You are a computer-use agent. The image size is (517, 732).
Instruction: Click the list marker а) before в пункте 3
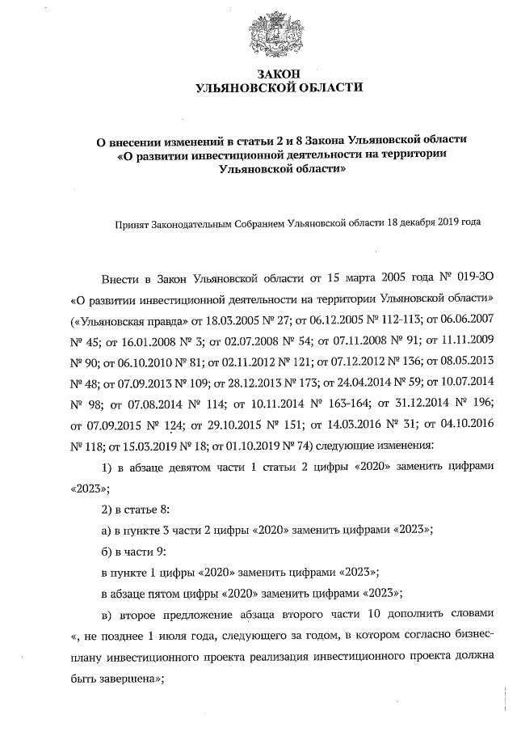click(x=106, y=529)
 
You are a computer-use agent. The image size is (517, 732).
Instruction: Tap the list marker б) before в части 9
click(x=106, y=550)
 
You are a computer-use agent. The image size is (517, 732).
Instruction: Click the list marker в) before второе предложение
click(x=106, y=613)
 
